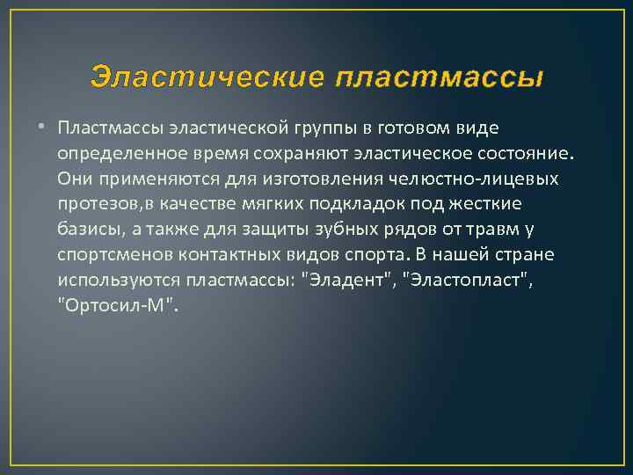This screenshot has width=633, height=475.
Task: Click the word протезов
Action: pyautogui.click(x=97, y=205)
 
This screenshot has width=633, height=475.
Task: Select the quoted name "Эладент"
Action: pyautogui.click(x=346, y=281)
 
